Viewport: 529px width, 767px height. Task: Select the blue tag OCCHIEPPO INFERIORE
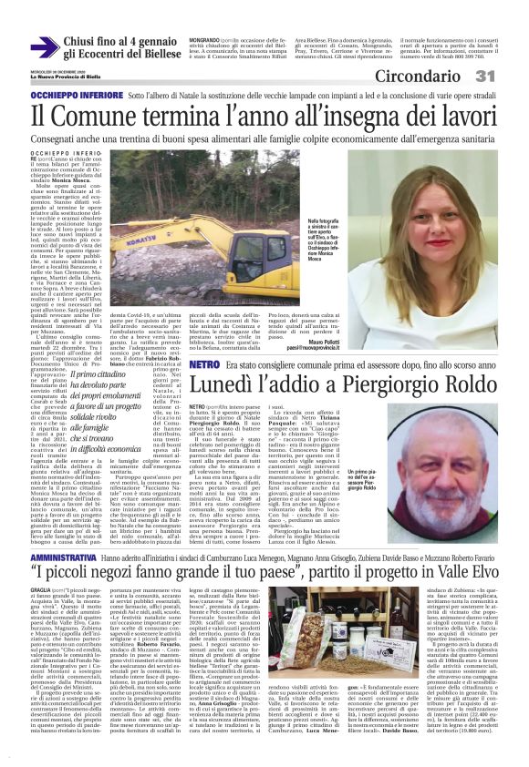tap(62, 94)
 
